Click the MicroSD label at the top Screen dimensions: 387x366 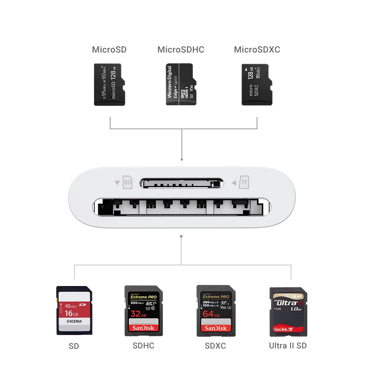tap(109, 50)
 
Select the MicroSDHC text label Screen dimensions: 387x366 tap(181, 50)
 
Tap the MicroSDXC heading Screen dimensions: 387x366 tap(257, 50)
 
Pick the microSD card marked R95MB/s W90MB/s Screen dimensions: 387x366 tap(109, 84)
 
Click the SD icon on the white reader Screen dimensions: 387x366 tap(127, 182)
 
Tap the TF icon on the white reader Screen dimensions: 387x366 tap(244, 182)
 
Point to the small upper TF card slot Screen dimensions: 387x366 tap(181, 183)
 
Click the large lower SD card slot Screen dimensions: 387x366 tap(181, 207)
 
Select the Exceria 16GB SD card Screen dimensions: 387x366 tap(74, 310)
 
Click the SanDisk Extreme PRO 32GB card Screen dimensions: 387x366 tap(143, 310)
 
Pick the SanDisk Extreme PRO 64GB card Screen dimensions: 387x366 tap(216, 310)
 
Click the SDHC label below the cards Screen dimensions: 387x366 tap(143, 346)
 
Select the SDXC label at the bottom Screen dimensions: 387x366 tap(215, 346)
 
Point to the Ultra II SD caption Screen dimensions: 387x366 tap(288, 346)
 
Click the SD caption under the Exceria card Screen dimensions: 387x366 tap(74, 346)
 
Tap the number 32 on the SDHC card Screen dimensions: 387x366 tap(135, 314)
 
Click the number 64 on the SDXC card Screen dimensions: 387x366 tap(208, 314)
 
